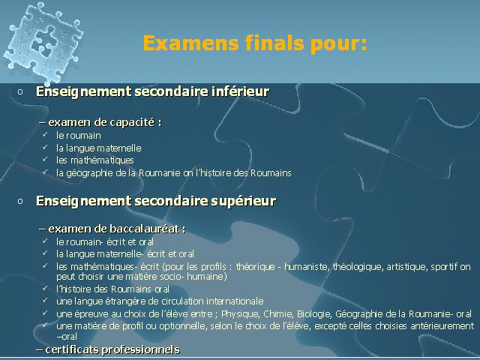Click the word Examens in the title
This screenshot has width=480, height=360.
click(190, 43)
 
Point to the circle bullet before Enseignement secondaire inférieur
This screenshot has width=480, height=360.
click(20, 91)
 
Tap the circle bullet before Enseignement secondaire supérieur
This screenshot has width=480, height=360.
click(20, 201)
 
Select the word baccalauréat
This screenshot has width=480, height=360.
click(144, 229)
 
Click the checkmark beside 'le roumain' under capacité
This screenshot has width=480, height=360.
click(45, 134)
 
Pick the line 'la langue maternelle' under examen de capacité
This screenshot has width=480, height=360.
click(98, 148)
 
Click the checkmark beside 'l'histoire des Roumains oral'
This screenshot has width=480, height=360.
click(45, 288)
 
